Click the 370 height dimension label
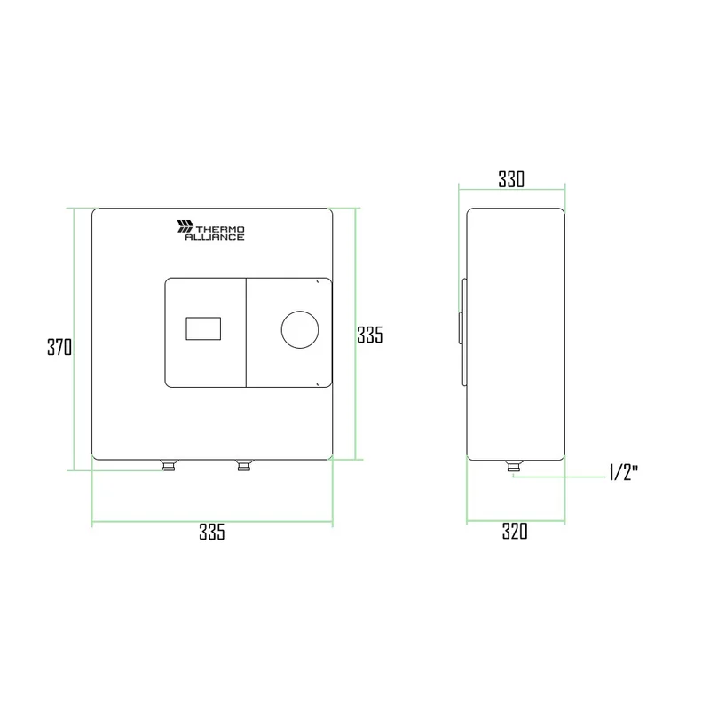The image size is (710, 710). tap(59, 347)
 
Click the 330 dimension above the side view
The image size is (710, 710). tap(511, 179)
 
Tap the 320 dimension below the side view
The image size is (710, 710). tap(515, 531)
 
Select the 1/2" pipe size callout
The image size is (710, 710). tap(624, 473)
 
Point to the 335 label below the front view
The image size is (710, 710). tap(212, 532)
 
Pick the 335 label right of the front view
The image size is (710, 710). tap(370, 335)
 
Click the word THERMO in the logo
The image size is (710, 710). tap(220, 230)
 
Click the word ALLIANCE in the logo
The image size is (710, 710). tap(215, 237)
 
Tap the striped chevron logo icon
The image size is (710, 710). tap(185, 226)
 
